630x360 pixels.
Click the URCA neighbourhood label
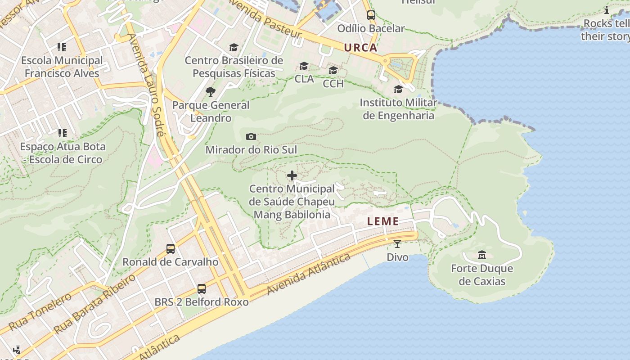coord(360,48)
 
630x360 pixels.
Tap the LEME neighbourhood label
coord(383,221)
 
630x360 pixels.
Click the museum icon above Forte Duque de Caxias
coord(482,255)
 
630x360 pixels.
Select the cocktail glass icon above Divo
coord(397,244)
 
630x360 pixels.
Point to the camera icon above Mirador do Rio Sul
coord(251,136)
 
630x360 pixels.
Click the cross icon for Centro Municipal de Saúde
coord(292,175)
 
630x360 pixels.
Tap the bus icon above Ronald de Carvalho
coord(171,249)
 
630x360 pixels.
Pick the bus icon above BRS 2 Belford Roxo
coord(202,289)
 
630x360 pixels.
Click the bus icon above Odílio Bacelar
coord(371,15)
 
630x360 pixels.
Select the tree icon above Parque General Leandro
coord(210,92)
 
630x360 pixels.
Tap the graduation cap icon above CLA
coord(304,66)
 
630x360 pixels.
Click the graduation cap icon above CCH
coord(333,71)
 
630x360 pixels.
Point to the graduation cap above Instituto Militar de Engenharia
coord(398,90)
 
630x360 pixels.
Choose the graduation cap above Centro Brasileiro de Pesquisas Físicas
coord(234,47)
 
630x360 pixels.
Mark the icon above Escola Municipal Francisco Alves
coord(62,47)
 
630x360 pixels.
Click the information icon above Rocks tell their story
coord(607,10)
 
